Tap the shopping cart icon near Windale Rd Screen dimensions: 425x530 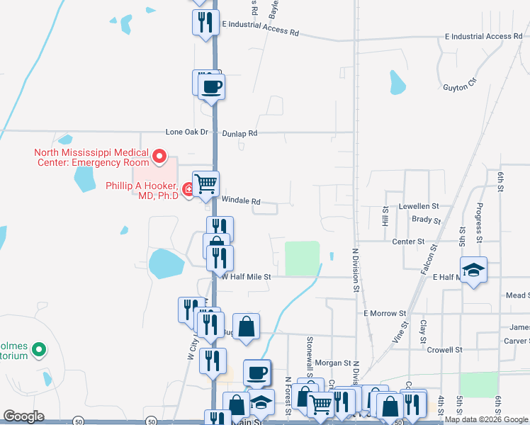206,184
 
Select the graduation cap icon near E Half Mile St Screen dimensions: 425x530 473,270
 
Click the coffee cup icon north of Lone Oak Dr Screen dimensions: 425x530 212,87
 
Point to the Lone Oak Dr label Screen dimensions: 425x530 187,132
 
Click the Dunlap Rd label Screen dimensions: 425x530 239,132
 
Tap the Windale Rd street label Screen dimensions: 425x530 241,201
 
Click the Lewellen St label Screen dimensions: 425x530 419,206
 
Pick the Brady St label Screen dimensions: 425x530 427,220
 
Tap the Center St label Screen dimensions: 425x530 408,242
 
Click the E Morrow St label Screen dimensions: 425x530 384,312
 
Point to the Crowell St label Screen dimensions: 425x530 444,349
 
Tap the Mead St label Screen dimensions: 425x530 517,295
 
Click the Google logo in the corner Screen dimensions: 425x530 23,416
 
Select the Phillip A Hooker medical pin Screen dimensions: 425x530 188,189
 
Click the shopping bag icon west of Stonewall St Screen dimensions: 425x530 247,327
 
